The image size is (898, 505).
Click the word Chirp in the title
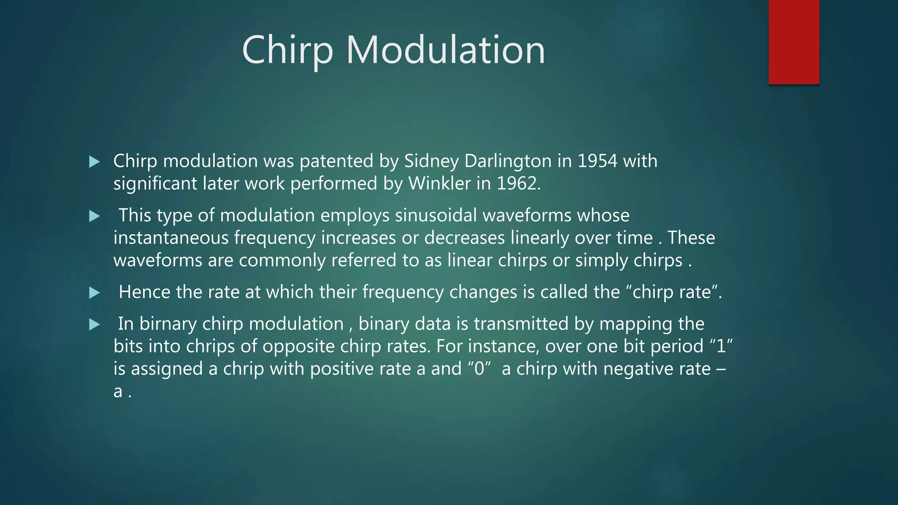287,50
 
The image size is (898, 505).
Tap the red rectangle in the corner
794,42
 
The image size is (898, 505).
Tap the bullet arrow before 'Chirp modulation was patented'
94,162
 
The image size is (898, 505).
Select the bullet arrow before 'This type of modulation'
94,216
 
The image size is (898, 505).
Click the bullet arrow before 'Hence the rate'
94,292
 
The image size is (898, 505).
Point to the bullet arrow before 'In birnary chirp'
94,324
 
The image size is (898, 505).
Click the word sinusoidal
436,215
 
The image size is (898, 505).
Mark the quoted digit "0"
479,369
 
